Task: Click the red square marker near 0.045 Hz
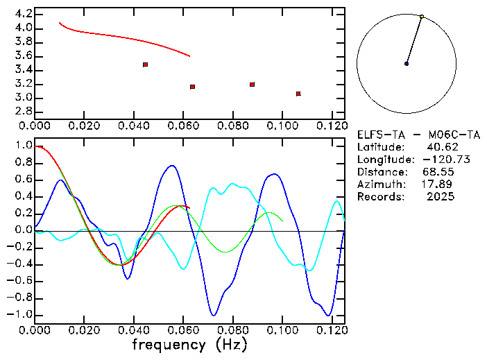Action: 145,65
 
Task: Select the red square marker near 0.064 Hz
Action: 192,87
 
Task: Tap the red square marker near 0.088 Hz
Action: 252,85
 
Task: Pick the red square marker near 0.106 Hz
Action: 298,94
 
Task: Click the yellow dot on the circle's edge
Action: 422,17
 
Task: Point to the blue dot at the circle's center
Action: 407,64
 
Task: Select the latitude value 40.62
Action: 441,147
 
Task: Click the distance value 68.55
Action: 438,172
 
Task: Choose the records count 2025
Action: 441,197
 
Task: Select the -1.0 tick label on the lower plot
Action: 20,315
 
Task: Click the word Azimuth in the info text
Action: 379,185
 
